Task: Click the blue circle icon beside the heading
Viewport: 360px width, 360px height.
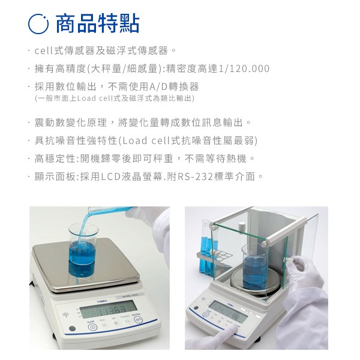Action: (x=38, y=24)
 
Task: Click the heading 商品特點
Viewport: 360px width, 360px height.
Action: (x=98, y=23)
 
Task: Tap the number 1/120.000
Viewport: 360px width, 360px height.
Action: (x=244, y=68)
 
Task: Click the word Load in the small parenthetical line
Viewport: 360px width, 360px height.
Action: (x=86, y=98)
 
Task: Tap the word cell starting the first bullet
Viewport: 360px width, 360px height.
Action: (x=44, y=51)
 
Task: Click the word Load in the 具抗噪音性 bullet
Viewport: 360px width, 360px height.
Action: (x=135, y=140)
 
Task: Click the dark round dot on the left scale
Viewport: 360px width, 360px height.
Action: (x=73, y=329)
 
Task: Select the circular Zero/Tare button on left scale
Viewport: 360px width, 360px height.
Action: (x=138, y=319)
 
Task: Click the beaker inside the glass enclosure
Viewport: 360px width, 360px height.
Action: (x=255, y=266)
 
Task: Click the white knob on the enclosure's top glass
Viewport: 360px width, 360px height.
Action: (x=241, y=227)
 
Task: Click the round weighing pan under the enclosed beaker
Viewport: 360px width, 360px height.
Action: (x=256, y=281)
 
